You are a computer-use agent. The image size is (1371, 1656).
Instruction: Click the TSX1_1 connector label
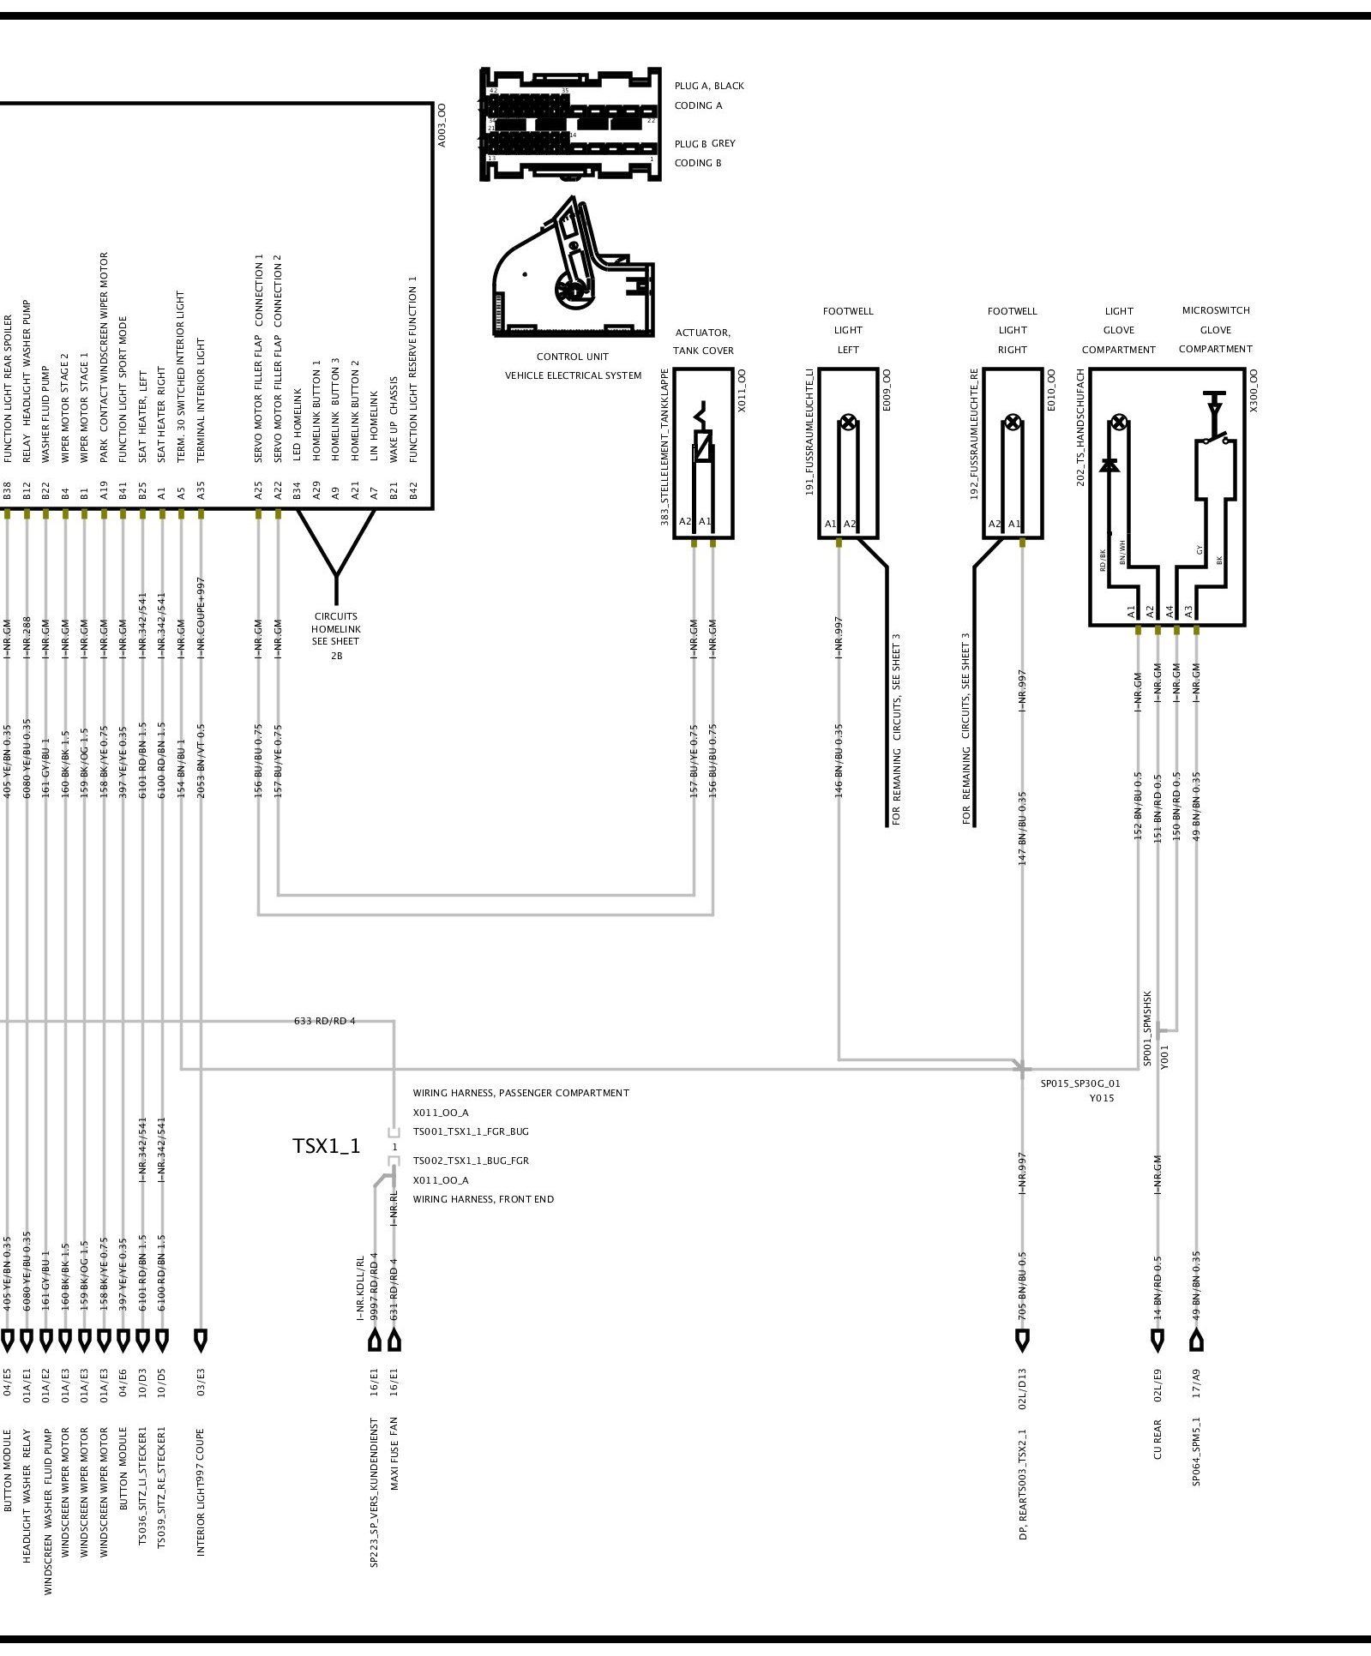click(327, 1146)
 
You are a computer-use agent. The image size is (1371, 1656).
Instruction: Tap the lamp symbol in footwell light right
click(1013, 422)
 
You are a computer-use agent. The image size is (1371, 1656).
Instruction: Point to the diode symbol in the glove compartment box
click(1109, 465)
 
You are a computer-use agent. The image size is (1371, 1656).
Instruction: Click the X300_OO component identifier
click(1254, 391)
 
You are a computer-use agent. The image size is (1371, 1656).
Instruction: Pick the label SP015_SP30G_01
click(1080, 1083)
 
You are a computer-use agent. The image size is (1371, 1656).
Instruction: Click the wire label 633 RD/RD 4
click(324, 1021)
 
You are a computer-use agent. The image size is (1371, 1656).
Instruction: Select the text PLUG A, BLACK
click(709, 86)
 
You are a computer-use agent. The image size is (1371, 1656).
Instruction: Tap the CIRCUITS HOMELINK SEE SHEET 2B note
click(336, 635)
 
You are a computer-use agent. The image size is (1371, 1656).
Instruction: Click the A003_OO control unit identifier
click(442, 125)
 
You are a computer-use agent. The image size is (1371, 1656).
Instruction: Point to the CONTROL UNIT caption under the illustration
click(573, 357)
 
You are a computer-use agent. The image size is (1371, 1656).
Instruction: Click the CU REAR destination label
click(1158, 1440)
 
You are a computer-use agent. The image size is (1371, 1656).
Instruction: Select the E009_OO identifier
click(887, 391)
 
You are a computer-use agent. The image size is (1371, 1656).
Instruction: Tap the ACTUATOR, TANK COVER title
click(703, 341)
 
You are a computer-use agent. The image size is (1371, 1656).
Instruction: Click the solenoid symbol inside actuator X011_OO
click(703, 448)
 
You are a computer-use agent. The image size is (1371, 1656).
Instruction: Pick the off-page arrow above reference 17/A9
click(1197, 1341)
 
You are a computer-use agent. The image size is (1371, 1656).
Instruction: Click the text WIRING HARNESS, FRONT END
click(483, 1199)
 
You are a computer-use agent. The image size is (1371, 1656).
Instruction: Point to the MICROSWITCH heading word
click(1215, 310)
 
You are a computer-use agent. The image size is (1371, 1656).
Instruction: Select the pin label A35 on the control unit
click(201, 491)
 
